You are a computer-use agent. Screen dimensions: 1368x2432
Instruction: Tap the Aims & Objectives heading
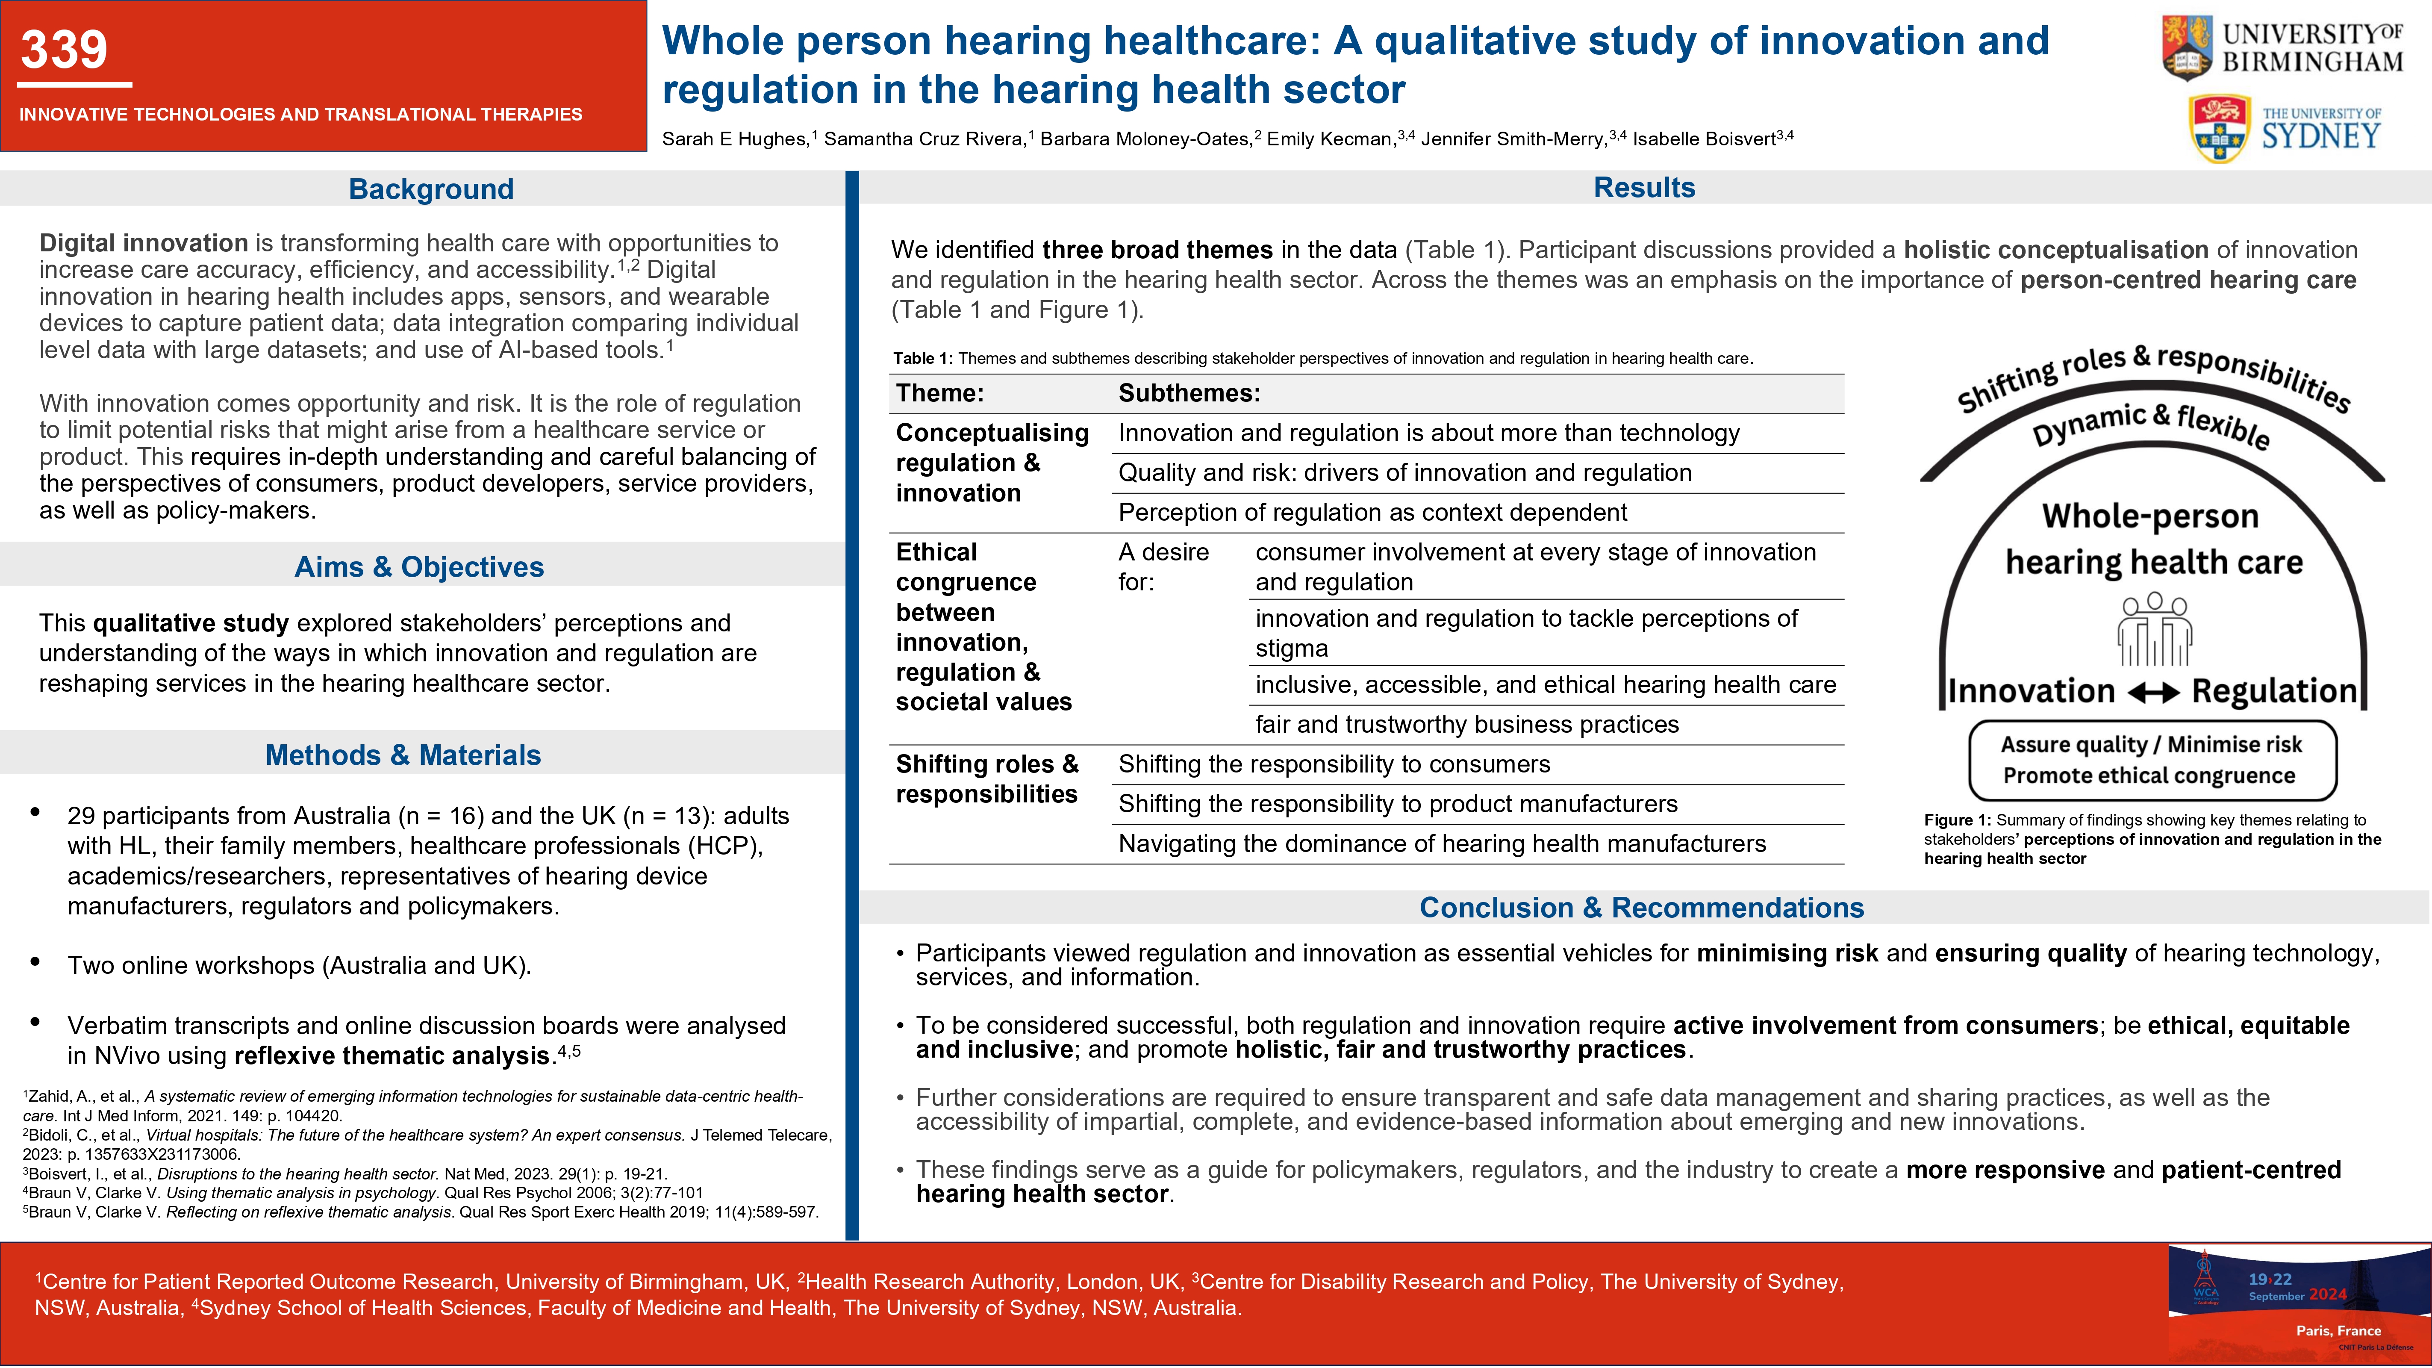pyautogui.click(x=419, y=566)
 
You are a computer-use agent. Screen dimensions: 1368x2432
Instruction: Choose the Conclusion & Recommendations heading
pyautogui.click(x=1642, y=907)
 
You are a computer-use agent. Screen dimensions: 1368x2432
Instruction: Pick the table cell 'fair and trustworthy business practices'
pyautogui.click(x=1467, y=724)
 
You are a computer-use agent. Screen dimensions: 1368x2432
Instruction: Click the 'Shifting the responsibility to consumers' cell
pyautogui.click(x=1334, y=764)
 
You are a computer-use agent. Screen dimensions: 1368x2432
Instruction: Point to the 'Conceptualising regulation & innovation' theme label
pyautogui.click(x=991, y=463)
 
